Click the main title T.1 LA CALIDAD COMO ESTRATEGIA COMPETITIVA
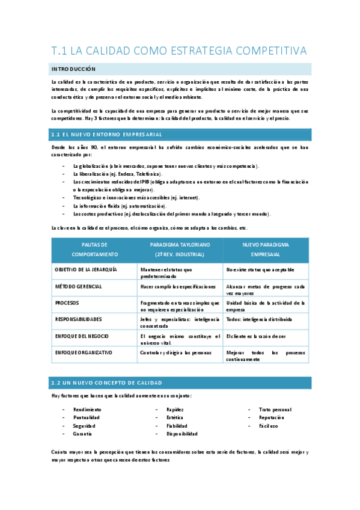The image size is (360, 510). (178, 51)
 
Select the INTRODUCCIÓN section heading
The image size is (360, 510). (74, 69)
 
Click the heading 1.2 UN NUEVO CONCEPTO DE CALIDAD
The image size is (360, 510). (106, 382)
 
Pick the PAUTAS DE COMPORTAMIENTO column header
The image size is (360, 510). (94, 250)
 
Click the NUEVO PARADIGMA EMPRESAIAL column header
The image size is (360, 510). (266, 250)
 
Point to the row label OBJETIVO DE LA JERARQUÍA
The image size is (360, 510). (85, 270)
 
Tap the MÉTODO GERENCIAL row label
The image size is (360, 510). (78, 287)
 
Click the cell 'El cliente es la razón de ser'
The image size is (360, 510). (260, 336)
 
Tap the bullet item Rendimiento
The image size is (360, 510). (87, 410)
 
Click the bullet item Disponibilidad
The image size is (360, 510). (182, 434)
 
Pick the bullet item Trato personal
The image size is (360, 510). (275, 410)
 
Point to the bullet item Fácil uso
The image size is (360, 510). (269, 426)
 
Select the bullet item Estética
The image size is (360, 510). (175, 417)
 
